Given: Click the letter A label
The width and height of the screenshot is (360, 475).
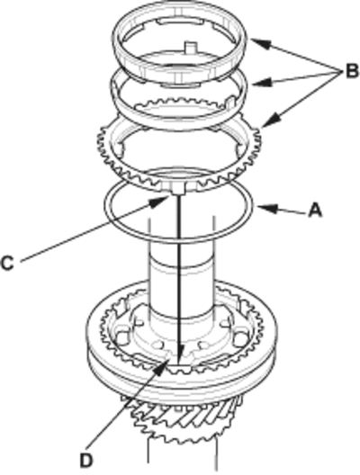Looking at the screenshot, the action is (314, 211).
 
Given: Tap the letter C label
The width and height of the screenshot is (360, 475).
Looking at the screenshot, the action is (7, 263).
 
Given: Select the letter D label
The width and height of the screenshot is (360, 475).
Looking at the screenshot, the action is (85, 461).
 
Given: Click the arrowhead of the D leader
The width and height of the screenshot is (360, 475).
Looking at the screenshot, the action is (161, 365).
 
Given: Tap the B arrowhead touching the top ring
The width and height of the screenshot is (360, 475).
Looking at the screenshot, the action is (260, 44).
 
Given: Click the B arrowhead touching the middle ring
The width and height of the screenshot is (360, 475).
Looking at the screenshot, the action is (262, 83).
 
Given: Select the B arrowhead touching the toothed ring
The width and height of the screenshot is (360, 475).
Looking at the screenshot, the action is (271, 120).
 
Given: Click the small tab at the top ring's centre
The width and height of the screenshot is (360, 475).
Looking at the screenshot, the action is (191, 48).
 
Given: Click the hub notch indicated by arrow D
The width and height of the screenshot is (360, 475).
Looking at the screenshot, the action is (179, 368).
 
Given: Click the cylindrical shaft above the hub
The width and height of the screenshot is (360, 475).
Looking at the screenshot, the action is (182, 279).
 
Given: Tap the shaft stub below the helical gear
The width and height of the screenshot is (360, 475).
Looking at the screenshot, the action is (183, 456).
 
